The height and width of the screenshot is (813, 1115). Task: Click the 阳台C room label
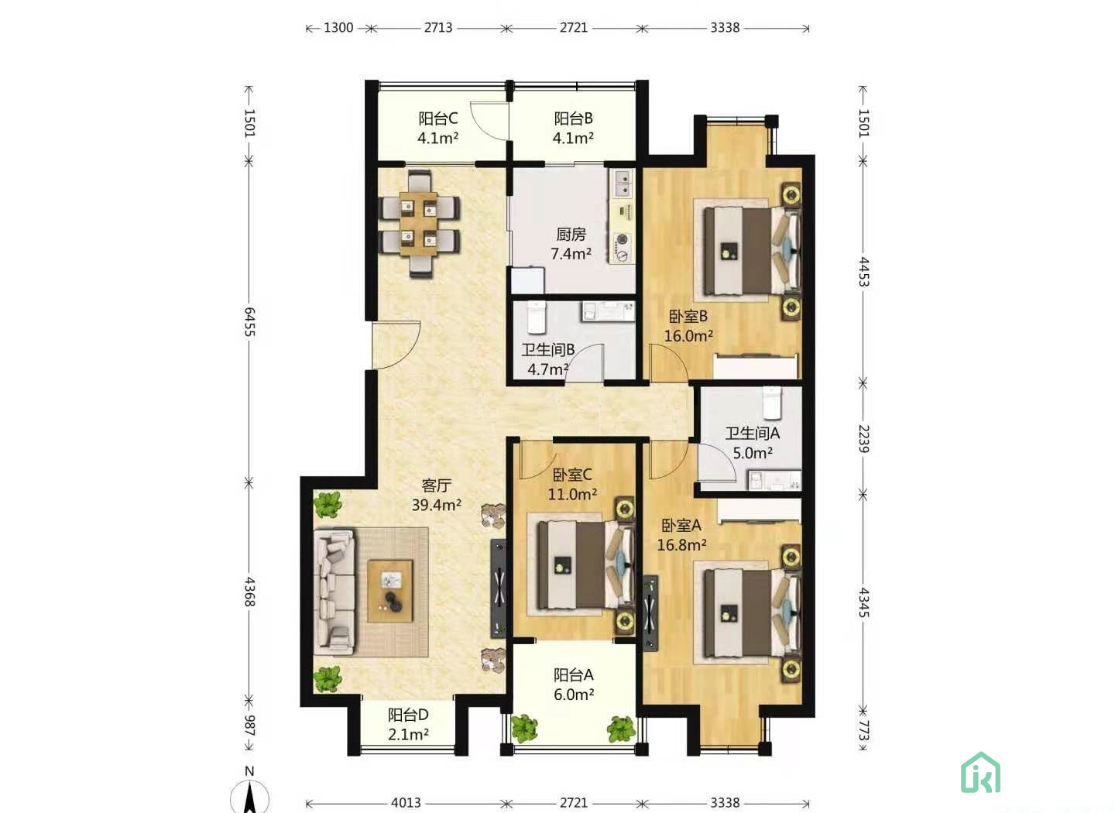438,118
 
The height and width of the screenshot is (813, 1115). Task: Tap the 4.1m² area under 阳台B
573,138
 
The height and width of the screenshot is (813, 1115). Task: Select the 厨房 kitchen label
571,234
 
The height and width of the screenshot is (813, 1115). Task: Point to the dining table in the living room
419,224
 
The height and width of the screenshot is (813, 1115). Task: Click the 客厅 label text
437,485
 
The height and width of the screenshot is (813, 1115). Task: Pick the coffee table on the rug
390,591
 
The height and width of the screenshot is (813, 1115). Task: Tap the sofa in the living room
334,592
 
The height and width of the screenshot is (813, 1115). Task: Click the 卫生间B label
548,349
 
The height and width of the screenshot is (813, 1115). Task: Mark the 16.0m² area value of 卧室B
688,336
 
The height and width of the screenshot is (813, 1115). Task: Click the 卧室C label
572,475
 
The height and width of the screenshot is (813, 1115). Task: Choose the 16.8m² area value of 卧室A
681,545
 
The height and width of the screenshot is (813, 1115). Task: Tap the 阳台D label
408,715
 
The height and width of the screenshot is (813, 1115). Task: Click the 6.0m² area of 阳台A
574,695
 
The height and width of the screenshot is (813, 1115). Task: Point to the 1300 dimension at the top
338,28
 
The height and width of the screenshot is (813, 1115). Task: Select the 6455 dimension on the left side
249,322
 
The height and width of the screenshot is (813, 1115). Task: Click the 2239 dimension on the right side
863,439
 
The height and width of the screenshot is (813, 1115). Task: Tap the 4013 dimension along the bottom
406,802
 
